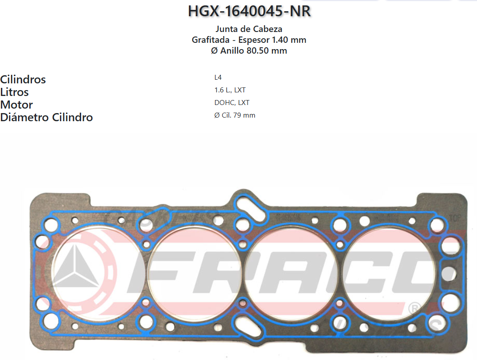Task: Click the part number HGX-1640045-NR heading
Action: point(249,11)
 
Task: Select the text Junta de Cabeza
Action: point(249,29)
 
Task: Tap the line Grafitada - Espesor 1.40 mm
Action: point(249,40)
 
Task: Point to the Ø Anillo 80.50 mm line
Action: point(249,50)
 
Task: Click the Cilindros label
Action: point(23,80)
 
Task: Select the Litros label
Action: point(14,92)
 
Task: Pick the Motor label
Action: point(17,105)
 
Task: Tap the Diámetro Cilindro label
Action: point(46,118)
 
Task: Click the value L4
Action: point(218,77)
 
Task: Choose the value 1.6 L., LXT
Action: point(230,90)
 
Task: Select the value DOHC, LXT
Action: point(232,103)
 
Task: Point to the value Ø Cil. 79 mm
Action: point(235,115)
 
